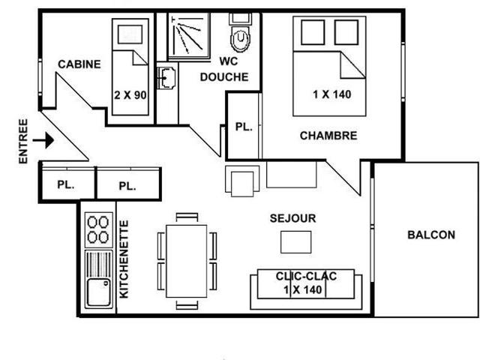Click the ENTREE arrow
pyautogui.click(x=43, y=140)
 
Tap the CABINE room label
pyautogui.click(x=79, y=64)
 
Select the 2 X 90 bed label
pyautogui.click(x=130, y=95)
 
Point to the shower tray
pyautogui.click(x=189, y=36)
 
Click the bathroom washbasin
pyautogui.click(x=166, y=78)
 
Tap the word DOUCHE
pyautogui.click(x=224, y=76)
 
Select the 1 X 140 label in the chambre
pyautogui.click(x=331, y=94)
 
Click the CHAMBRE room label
pyautogui.click(x=328, y=136)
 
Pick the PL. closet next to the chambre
pyautogui.click(x=244, y=127)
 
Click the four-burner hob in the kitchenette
pyautogui.click(x=98, y=230)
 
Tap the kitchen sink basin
pyautogui.click(x=98, y=292)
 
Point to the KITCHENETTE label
pyautogui.click(x=124, y=259)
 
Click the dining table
pyautogui.click(x=187, y=261)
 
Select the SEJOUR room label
pyautogui.click(x=293, y=218)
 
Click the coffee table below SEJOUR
pyautogui.click(x=296, y=242)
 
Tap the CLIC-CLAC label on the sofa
pyautogui.click(x=306, y=276)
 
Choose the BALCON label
pyautogui.click(x=431, y=235)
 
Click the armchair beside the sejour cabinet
pyautogui.click(x=242, y=181)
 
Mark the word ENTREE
pyautogui.click(x=23, y=141)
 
